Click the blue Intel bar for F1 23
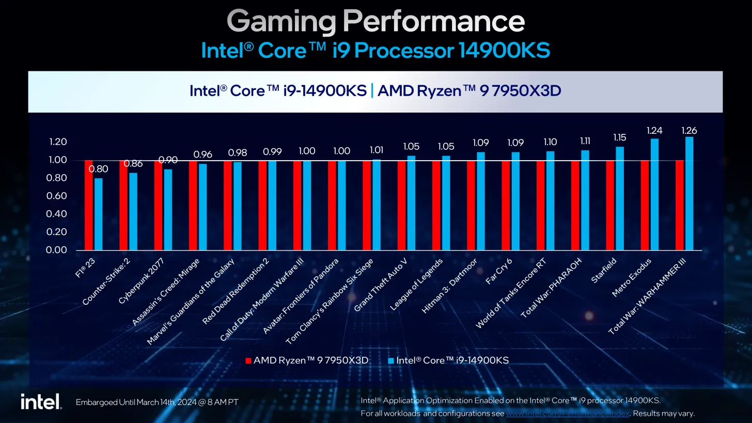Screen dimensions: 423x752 point(98,214)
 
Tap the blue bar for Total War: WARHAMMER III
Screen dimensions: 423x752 point(689,194)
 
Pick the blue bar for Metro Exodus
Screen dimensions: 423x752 point(654,195)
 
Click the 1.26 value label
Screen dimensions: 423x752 point(689,131)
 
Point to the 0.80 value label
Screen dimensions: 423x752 point(98,169)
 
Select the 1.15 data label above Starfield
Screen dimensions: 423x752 point(619,138)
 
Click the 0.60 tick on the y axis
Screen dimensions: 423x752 point(56,196)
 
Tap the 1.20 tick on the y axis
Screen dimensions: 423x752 point(56,142)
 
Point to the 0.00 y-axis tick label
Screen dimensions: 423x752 point(56,250)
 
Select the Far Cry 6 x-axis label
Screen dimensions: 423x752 point(498,272)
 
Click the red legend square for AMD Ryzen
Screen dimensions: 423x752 point(248,361)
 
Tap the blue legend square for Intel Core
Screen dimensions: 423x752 point(390,361)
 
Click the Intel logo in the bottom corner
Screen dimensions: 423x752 point(41,402)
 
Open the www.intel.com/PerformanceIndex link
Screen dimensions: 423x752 point(568,413)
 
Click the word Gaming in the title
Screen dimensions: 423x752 point(281,22)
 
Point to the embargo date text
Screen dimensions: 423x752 point(157,402)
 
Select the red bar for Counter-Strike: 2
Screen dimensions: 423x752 point(123,206)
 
